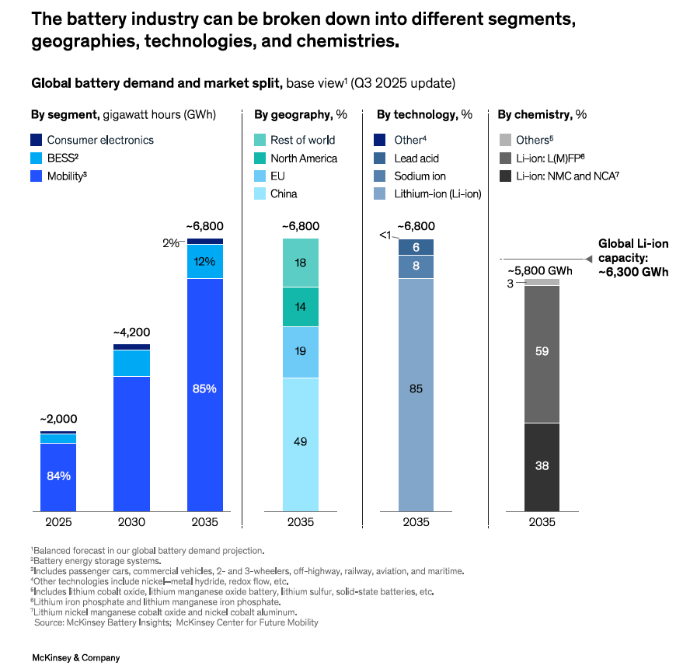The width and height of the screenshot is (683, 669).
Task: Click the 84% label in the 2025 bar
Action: click(x=58, y=476)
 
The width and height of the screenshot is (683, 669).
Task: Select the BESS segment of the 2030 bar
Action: click(x=131, y=363)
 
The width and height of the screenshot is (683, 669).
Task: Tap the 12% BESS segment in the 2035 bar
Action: click(x=204, y=262)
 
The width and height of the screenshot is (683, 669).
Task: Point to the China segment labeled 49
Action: click(x=300, y=442)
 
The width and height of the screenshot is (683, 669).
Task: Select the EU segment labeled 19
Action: click(x=300, y=351)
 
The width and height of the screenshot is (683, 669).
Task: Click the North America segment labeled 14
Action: click(x=300, y=307)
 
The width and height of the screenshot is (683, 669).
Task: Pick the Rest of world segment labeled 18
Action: click(x=300, y=263)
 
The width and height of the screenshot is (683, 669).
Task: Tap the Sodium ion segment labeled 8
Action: click(x=416, y=267)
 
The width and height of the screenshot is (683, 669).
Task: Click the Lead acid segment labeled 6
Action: click(x=416, y=247)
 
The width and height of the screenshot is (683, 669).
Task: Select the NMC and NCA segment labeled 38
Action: click(x=542, y=466)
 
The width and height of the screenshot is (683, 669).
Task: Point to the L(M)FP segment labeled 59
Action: click(x=542, y=351)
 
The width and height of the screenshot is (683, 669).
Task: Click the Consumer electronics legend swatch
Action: click(x=36, y=140)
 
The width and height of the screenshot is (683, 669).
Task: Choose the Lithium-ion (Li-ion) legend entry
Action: click(x=437, y=193)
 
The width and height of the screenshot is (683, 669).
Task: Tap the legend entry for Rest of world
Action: click(x=301, y=140)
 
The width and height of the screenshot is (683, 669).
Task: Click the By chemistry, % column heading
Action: click(x=542, y=114)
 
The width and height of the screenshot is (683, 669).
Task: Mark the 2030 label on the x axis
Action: click(x=131, y=522)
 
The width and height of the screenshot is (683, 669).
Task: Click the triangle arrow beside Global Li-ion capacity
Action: click(x=588, y=258)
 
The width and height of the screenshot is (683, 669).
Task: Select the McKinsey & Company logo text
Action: click(x=75, y=658)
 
